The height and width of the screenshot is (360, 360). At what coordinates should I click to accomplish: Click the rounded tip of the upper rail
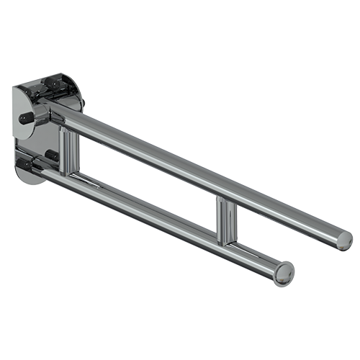click(x=344, y=240)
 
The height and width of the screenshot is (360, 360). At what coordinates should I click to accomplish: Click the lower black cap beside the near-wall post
click(x=51, y=155)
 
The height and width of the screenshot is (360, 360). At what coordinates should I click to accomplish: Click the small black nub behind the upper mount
click(x=84, y=105)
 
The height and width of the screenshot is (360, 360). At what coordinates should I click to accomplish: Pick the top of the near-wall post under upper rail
click(x=69, y=130)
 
